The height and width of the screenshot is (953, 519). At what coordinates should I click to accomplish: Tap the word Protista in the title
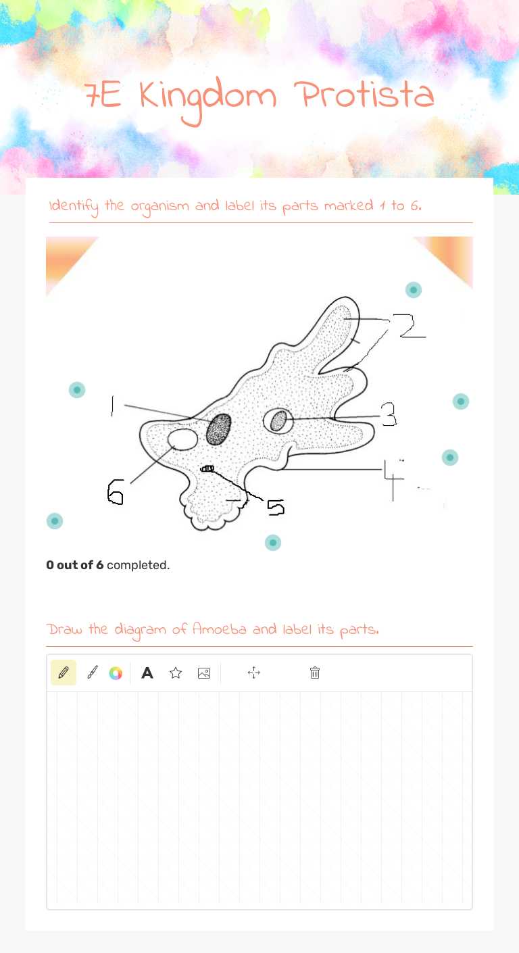pyautogui.click(x=366, y=97)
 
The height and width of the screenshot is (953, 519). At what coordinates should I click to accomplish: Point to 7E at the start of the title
pyautogui.click(x=103, y=97)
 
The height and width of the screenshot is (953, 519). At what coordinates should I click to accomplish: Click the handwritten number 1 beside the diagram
pyautogui.click(x=112, y=406)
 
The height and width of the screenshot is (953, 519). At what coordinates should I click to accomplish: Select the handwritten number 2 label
pyautogui.click(x=411, y=326)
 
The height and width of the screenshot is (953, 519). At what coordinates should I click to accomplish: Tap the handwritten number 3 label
pyautogui.click(x=389, y=416)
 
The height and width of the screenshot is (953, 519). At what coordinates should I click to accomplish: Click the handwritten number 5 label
pyautogui.click(x=275, y=507)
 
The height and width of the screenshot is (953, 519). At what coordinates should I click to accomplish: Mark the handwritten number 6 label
pyautogui.click(x=116, y=491)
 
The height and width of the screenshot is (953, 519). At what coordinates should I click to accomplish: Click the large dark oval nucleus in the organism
pyautogui.click(x=218, y=429)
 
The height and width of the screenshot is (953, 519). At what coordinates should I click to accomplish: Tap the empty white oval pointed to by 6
pyautogui.click(x=182, y=439)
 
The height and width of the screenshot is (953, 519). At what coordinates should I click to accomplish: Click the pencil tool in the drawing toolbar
pyautogui.click(x=64, y=673)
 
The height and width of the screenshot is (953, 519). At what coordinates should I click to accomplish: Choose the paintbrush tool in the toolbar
pyautogui.click(x=93, y=673)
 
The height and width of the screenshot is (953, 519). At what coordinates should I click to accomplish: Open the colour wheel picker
pyautogui.click(x=116, y=673)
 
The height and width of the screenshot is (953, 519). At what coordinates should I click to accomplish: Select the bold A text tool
pyautogui.click(x=147, y=673)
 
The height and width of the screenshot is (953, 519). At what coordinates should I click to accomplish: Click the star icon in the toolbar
pyautogui.click(x=176, y=673)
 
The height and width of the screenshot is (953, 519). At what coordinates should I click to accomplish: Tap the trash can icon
pyautogui.click(x=314, y=673)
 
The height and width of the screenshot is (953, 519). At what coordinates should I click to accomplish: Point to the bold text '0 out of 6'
pyautogui.click(x=75, y=565)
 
